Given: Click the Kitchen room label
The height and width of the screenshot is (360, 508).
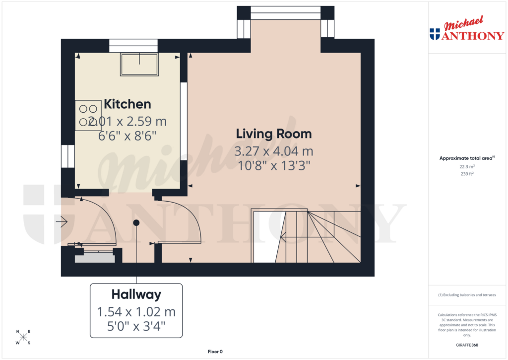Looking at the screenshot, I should tap(127, 104).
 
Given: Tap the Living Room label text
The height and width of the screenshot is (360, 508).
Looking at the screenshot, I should tap(273, 134).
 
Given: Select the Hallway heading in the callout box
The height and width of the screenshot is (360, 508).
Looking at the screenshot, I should tap(136, 294).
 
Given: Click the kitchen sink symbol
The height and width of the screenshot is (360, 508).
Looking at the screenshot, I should tap(139, 64).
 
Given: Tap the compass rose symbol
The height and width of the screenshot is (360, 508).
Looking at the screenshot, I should tap(23, 338).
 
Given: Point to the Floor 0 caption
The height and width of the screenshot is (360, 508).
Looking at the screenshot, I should tap(215, 352).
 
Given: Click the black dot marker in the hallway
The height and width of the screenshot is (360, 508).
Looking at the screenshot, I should tap(136, 223).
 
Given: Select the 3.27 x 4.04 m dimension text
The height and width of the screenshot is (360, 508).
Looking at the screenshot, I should tap(273, 151).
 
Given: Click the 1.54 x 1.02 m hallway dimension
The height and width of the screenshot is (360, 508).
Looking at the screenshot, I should tap(136, 312).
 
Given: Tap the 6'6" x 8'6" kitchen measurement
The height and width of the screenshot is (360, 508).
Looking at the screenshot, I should tap(127, 136).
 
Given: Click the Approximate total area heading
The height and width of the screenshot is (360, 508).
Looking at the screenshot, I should tap(465, 158).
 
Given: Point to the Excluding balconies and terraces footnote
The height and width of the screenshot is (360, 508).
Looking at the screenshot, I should tap(467, 295).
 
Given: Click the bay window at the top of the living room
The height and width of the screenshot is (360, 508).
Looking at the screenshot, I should tap(285, 12).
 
